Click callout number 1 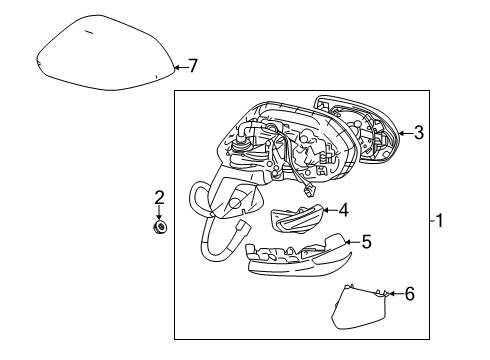click(442, 222)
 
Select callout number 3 click(419, 132)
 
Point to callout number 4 click(342, 211)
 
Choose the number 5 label click(366, 241)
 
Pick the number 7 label click(193, 67)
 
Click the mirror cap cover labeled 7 click(105, 55)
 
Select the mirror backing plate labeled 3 click(356, 130)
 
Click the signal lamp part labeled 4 click(297, 217)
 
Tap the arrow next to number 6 click(392, 293)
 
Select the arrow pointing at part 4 click(328, 211)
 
